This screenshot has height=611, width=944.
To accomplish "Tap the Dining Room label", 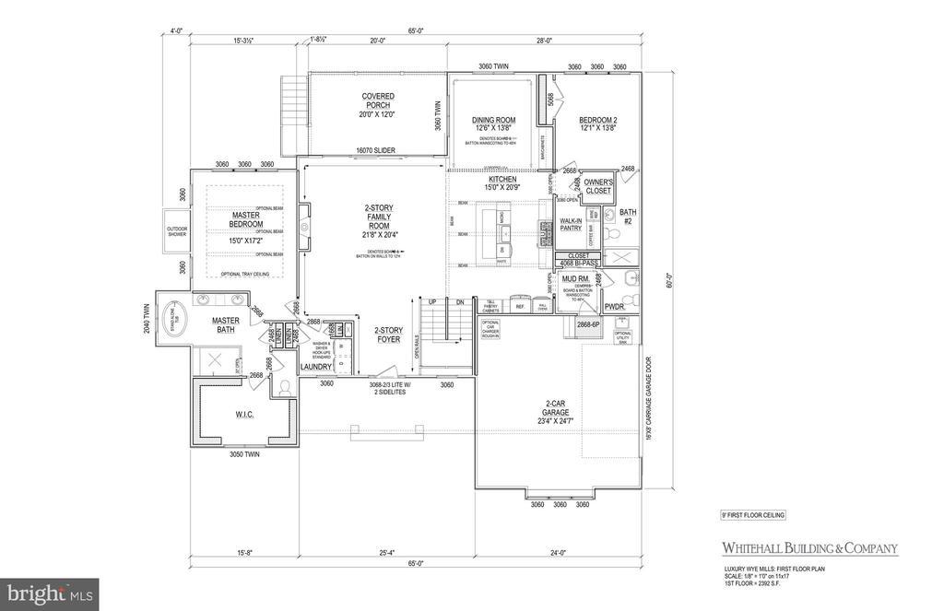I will [492, 121].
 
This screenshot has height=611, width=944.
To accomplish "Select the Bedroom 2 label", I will [597, 121].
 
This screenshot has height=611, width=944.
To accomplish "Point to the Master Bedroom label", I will [246, 219].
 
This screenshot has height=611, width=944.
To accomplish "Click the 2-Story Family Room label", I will [381, 219].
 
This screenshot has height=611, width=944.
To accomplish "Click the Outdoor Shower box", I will [177, 230].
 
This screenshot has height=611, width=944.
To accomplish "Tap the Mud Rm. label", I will [575, 277].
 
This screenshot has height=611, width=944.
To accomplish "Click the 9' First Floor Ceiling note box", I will [752, 515].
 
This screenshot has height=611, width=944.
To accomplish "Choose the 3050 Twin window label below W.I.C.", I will [243, 454].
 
